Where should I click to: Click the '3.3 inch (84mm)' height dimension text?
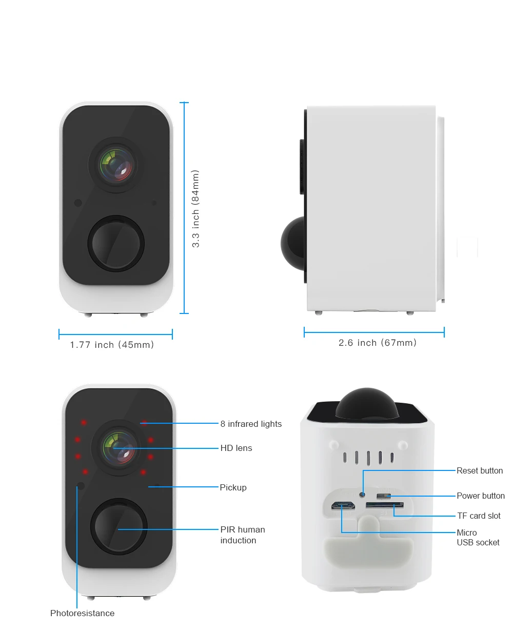195,209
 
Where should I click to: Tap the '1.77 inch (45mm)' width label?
112,345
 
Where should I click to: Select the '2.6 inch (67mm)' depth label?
377,343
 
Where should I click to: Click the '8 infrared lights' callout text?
251,424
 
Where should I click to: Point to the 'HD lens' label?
236,448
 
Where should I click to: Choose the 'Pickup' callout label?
233,487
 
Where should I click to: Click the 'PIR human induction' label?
243,535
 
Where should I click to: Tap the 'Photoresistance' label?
82,613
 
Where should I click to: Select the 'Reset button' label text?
480,470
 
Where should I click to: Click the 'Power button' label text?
481,496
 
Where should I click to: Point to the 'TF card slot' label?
479,516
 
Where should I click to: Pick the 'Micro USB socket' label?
478,537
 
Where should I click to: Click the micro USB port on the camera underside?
343,506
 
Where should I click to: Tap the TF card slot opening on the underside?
384,505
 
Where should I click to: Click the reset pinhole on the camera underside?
362,494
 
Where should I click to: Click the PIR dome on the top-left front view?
116,243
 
